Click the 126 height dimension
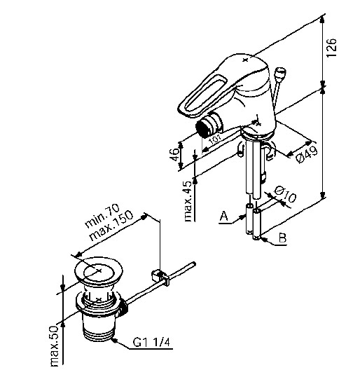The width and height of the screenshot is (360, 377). point(332,47)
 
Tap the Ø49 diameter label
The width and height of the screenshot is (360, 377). point(307,154)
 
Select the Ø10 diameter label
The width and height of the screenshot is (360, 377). point(285,194)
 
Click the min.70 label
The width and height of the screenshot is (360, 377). point(102,216)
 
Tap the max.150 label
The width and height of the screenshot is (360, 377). point(111,225)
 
